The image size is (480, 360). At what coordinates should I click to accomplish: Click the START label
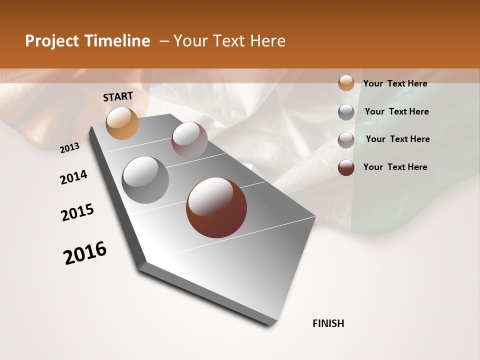click(x=118, y=96)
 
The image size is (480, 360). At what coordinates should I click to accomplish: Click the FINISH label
click(x=328, y=323)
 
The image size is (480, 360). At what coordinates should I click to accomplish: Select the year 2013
click(x=70, y=148)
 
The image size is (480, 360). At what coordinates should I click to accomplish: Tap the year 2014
click(x=73, y=177)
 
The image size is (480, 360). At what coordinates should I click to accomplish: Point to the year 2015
click(x=77, y=212)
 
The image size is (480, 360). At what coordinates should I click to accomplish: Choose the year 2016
click(x=85, y=253)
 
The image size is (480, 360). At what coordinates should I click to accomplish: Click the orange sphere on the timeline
click(x=122, y=123)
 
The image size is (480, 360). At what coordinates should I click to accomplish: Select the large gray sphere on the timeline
click(x=145, y=180)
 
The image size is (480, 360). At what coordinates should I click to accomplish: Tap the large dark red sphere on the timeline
click(x=216, y=207)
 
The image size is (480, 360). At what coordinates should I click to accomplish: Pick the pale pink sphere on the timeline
click(x=189, y=140)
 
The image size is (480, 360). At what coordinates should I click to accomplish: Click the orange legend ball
click(x=346, y=83)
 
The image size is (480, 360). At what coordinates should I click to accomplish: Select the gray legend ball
click(x=346, y=112)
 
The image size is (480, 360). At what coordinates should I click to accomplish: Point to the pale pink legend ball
click(x=346, y=140)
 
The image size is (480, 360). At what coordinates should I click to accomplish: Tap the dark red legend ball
click(x=346, y=167)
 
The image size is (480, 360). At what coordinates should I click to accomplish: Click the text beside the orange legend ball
click(x=395, y=84)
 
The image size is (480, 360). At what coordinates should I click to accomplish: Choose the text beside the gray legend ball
click(x=396, y=111)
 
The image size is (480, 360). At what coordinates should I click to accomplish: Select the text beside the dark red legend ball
click(x=395, y=167)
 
